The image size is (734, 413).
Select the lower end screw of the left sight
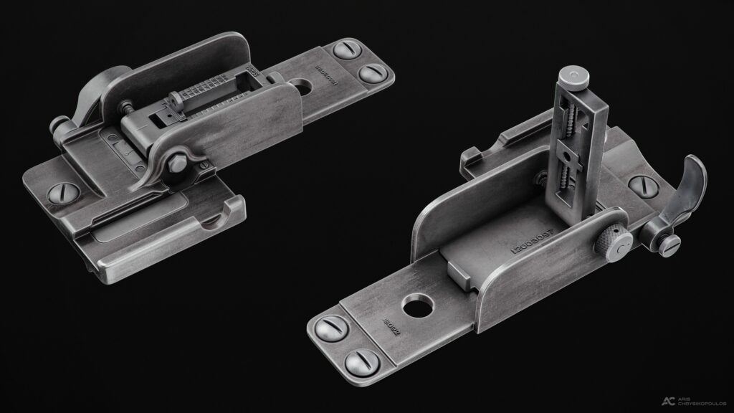[x=371, y=72]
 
